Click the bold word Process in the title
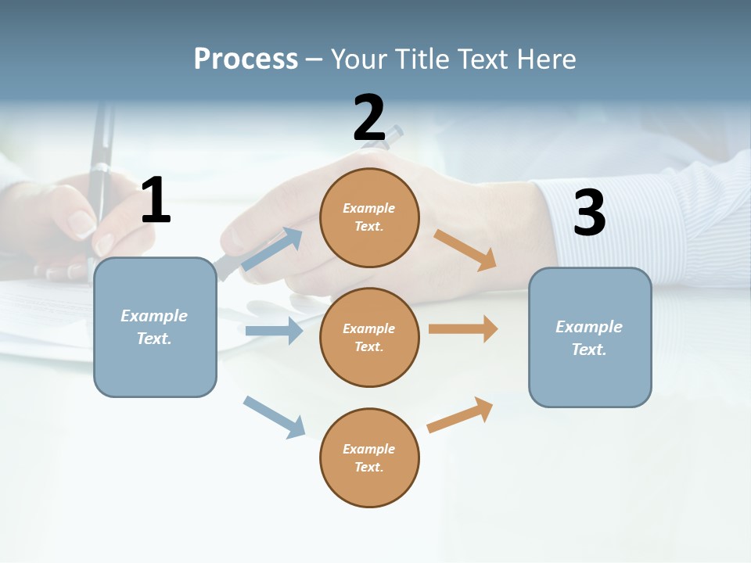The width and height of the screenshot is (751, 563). [x=246, y=59]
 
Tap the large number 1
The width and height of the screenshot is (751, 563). [x=156, y=200]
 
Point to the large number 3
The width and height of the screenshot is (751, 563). [x=589, y=213]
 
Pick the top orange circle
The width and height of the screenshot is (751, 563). [x=369, y=217]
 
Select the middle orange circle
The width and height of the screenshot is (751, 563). [x=369, y=338]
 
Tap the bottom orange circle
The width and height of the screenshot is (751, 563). [x=369, y=458]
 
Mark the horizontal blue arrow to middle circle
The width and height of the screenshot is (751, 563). [x=274, y=331]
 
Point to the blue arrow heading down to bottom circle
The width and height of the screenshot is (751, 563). [x=274, y=417]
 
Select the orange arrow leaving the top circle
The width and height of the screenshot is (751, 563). [x=465, y=249]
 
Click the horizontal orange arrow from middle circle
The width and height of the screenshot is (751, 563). [x=463, y=329]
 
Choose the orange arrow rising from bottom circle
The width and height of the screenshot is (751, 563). [x=461, y=414]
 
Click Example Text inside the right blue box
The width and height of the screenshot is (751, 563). [x=589, y=338]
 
